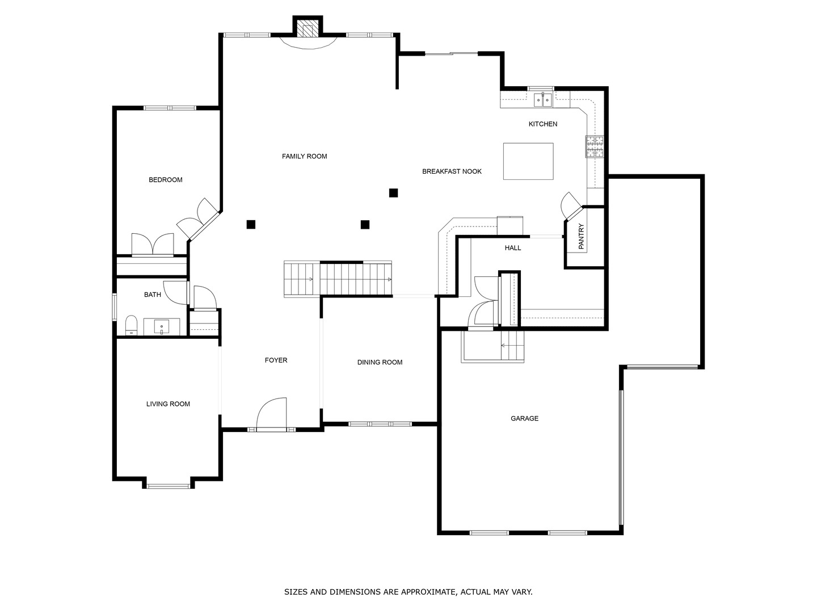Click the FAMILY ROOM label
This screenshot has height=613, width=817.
[304, 156]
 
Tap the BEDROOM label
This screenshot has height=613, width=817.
[166, 180]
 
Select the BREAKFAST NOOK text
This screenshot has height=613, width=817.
[452, 171]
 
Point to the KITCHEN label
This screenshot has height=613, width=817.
[543, 124]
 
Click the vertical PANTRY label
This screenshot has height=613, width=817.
[582, 236]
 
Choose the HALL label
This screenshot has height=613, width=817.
[513, 248]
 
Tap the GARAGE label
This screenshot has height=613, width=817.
[524, 418]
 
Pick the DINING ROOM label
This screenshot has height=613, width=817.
[380, 362]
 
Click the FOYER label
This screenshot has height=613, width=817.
[276, 360]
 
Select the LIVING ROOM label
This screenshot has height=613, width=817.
[169, 404]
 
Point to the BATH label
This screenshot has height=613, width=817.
[153, 295]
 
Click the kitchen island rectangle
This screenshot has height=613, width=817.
[528, 162]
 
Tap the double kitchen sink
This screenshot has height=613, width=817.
[543, 100]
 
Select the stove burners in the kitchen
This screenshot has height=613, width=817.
[595, 146]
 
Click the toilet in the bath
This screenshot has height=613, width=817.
[131, 325]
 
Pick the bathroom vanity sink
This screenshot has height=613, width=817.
[162, 327]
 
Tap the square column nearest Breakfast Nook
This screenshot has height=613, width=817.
[393, 193]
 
